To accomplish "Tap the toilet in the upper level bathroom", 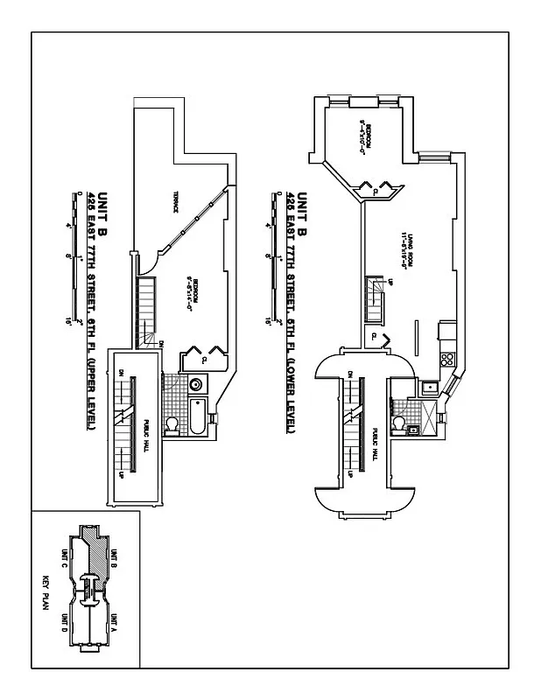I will (x=173, y=425).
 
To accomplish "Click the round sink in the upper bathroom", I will (x=195, y=382).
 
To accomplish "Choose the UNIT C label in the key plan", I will (x=64, y=560).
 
